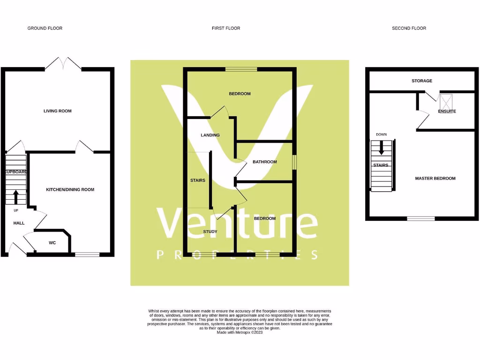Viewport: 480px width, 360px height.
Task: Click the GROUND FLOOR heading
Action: coord(45,28)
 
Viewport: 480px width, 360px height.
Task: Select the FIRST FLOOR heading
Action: coord(226,28)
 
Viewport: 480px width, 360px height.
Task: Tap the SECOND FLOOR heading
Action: coord(409,28)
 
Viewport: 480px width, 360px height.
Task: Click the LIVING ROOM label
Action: coord(58,111)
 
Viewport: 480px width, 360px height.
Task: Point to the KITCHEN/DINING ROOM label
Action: coord(70,189)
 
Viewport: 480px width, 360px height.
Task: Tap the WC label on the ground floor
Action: coord(52,243)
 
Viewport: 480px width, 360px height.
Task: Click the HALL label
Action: coord(19,223)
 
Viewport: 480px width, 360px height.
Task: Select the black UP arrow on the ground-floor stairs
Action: coord(15,196)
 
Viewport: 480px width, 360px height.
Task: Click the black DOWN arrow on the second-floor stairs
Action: coord(381,148)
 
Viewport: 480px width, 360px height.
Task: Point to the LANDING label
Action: coord(210,135)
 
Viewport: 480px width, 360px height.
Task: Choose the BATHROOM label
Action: coord(265,162)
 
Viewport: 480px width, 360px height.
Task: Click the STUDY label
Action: coord(210,232)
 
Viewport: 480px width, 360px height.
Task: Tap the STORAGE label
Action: coord(422,81)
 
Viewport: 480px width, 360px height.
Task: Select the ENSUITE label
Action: coord(447,112)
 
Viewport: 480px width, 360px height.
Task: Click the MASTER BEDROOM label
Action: coord(435,178)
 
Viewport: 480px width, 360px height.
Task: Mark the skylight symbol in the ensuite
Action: coord(446,101)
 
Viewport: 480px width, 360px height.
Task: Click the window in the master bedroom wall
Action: coord(420,218)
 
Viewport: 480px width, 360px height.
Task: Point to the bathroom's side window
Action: coord(294,162)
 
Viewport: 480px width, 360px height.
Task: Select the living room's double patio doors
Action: coord(63,64)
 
